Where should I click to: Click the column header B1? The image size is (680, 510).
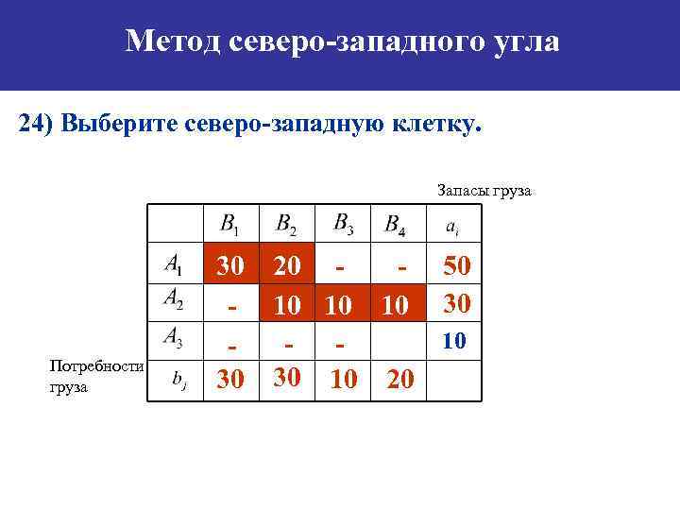[229, 225]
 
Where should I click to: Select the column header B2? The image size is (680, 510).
[285, 225]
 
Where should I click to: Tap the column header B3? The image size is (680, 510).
[343, 224]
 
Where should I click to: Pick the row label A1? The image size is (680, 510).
[174, 264]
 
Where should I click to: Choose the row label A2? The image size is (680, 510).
[174, 299]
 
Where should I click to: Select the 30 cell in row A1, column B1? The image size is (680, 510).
[230, 266]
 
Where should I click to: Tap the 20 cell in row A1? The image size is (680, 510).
[287, 266]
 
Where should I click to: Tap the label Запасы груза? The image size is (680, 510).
[484, 191]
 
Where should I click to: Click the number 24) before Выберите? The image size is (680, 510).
[37, 125]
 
